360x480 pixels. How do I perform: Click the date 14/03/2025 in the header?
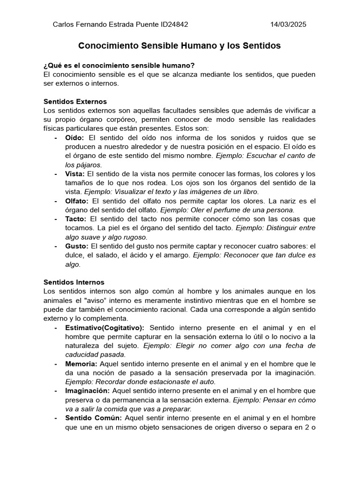[x=289, y=25]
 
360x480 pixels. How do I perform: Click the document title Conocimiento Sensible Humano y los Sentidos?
[x=180, y=46]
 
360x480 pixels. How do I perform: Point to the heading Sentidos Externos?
[x=75, y=101]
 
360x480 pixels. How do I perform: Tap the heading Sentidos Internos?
[x=74, y=282]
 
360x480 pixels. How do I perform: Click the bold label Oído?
[x=75, y=138]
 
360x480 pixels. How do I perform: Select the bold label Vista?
[x=75, y=174]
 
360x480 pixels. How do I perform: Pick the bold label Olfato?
[x=77, y=201]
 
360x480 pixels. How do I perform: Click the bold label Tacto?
[x=76, y=219]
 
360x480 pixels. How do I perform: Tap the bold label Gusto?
[x=77, y=246]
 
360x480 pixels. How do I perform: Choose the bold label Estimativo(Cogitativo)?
[x=105, y=328]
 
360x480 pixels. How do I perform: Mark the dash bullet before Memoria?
[x=56, y=364]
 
